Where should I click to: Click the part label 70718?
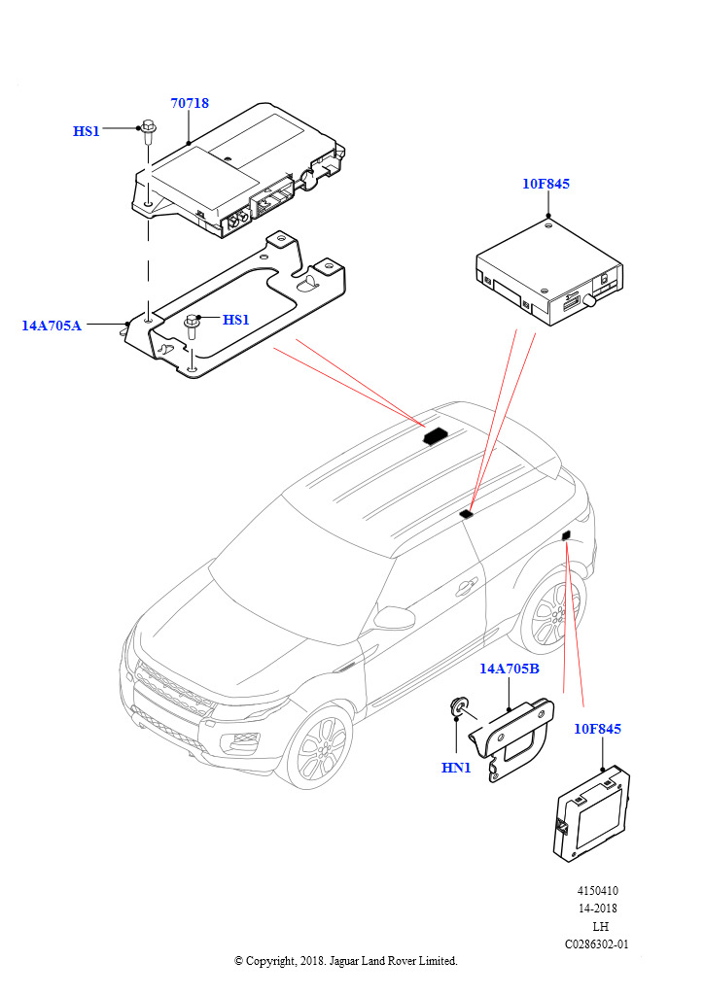click(190, 103)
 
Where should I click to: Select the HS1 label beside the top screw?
click(87, 130)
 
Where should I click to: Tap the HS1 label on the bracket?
click(236, 320)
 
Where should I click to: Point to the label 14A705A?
click(52, 326)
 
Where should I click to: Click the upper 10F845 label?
click(546, 184)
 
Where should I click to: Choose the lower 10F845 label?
click(597, 729)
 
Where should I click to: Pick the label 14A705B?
click(509, 669)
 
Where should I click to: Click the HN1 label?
click(456, 767)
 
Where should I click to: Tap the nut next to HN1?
click(458, 706)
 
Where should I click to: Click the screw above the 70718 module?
click(149, 132)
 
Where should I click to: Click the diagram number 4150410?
click(597, 891)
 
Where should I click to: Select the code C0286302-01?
click(597, 944)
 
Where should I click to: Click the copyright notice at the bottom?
click(345, 960)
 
